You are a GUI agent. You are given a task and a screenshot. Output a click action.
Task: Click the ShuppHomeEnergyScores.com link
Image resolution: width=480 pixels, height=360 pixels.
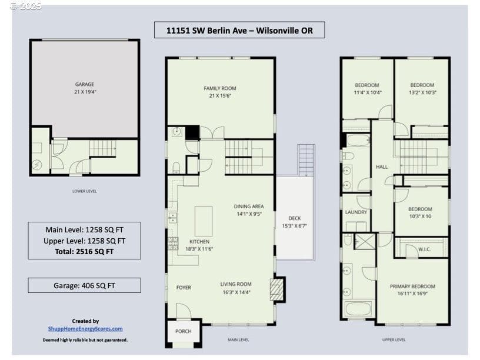(x=85, y=329)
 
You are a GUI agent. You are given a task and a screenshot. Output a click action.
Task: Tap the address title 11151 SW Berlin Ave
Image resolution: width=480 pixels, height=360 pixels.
(x=206, y=31)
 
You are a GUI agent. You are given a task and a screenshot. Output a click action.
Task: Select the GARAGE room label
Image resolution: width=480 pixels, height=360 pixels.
(x=85, y=84)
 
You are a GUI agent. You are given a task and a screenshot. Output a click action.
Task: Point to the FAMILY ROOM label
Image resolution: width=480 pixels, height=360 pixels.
(x=220, y=88)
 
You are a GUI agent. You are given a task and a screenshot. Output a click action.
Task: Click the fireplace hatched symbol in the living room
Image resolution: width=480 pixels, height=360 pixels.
(x=276, y=289)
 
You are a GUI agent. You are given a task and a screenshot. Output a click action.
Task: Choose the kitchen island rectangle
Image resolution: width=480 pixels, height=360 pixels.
(x=204, y=221)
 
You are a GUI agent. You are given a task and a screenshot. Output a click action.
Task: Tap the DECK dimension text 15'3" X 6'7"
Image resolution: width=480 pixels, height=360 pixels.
(x=295, y=226)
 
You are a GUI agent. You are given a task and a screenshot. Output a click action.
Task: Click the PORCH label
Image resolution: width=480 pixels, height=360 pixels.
(x=184, y=331)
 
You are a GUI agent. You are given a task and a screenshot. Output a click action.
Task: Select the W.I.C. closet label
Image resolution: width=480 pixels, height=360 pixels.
(x=425, y=249)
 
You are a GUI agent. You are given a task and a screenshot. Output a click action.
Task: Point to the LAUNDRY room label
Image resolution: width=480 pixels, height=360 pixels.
(x=356, y=212)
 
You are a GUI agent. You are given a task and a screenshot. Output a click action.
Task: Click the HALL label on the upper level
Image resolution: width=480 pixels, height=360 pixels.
(x=382, y=167)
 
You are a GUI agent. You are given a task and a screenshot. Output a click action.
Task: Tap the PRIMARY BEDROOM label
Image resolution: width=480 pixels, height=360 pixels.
(x=412, y=286)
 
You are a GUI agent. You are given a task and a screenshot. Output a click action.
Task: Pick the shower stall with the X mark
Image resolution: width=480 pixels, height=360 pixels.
(x=365, y=242)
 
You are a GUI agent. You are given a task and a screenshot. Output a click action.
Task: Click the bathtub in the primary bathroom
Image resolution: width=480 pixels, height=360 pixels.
(x=358, y=309)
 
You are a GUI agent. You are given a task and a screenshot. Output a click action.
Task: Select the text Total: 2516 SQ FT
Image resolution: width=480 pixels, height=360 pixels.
(x=84, y=252)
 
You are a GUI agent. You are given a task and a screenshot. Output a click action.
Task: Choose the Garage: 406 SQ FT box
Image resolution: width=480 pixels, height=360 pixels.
(x=85, y=285)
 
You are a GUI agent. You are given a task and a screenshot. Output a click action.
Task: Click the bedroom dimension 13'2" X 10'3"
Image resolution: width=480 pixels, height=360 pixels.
(x=422, y=92)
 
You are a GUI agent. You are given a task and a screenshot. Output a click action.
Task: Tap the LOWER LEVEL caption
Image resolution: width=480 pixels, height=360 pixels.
(x=85, y=191)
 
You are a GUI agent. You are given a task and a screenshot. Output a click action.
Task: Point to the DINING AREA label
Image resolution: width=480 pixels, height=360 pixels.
(x=249, y=206)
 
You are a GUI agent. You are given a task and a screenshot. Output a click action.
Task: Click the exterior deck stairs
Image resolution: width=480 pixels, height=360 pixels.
(x=306, y=161)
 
